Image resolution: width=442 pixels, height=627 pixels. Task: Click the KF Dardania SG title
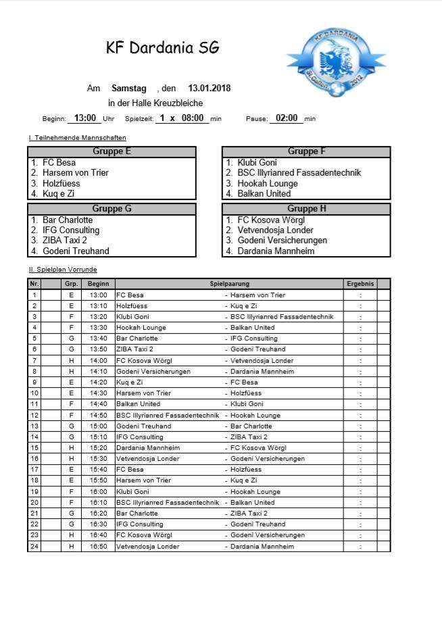coord(163,48)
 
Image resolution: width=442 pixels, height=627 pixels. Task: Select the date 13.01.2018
coord(209,89)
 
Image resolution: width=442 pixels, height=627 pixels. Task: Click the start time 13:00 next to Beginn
coord(85,118)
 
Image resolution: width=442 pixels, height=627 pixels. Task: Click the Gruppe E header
coord(112,151)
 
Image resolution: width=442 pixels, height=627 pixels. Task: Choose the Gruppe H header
coord(306,209)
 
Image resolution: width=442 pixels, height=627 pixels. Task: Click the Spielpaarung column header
coord(228,284)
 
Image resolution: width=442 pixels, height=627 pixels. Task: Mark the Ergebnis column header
coord(360,284)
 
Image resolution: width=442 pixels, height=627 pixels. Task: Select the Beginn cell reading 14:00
coord(98,361)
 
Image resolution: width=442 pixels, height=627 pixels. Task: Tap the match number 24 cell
coord(34,546)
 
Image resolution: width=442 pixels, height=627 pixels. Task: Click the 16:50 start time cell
coord(98,546)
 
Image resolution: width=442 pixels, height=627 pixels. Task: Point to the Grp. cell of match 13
coord(71,426)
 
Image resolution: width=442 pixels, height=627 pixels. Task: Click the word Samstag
coord(129,89)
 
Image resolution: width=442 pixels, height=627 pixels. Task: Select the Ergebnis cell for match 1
coord(360,295)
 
